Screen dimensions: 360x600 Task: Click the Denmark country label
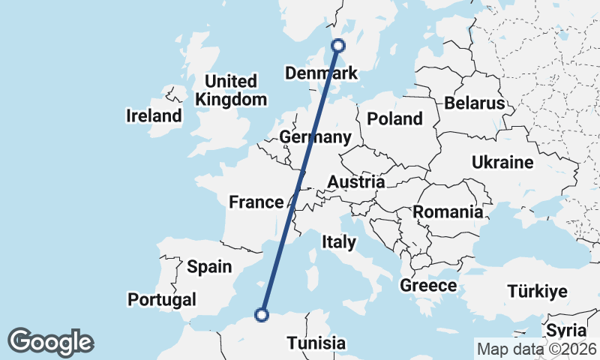(x=322, y=73)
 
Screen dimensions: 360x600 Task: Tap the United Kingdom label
(x=231, y=90)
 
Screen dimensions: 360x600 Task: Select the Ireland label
(x=154, y=115)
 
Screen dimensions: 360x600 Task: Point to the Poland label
(x=394, y=118)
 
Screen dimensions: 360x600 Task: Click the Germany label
(x=315, y=137)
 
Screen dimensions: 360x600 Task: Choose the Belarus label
(x=475, y=103)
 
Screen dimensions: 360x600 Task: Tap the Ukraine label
(x=502, y=162)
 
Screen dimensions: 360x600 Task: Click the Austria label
(x=356, y=181)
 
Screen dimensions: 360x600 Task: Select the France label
(x=256, y=202)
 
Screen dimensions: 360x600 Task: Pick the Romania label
(x=448, y=211)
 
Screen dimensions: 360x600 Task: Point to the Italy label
(x=338, y=241)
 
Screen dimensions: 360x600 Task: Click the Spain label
(x=209, y=265)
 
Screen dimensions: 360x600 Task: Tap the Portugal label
(x=161, y=299)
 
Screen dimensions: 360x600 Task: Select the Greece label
(x=428, y=285)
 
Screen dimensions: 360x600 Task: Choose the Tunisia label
(x=316, y=343)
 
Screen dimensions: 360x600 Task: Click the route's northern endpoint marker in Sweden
(x=338, y=45)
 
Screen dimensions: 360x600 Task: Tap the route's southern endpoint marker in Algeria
(x=262, y=315)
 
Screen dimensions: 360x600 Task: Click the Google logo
(x=50, y=341)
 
